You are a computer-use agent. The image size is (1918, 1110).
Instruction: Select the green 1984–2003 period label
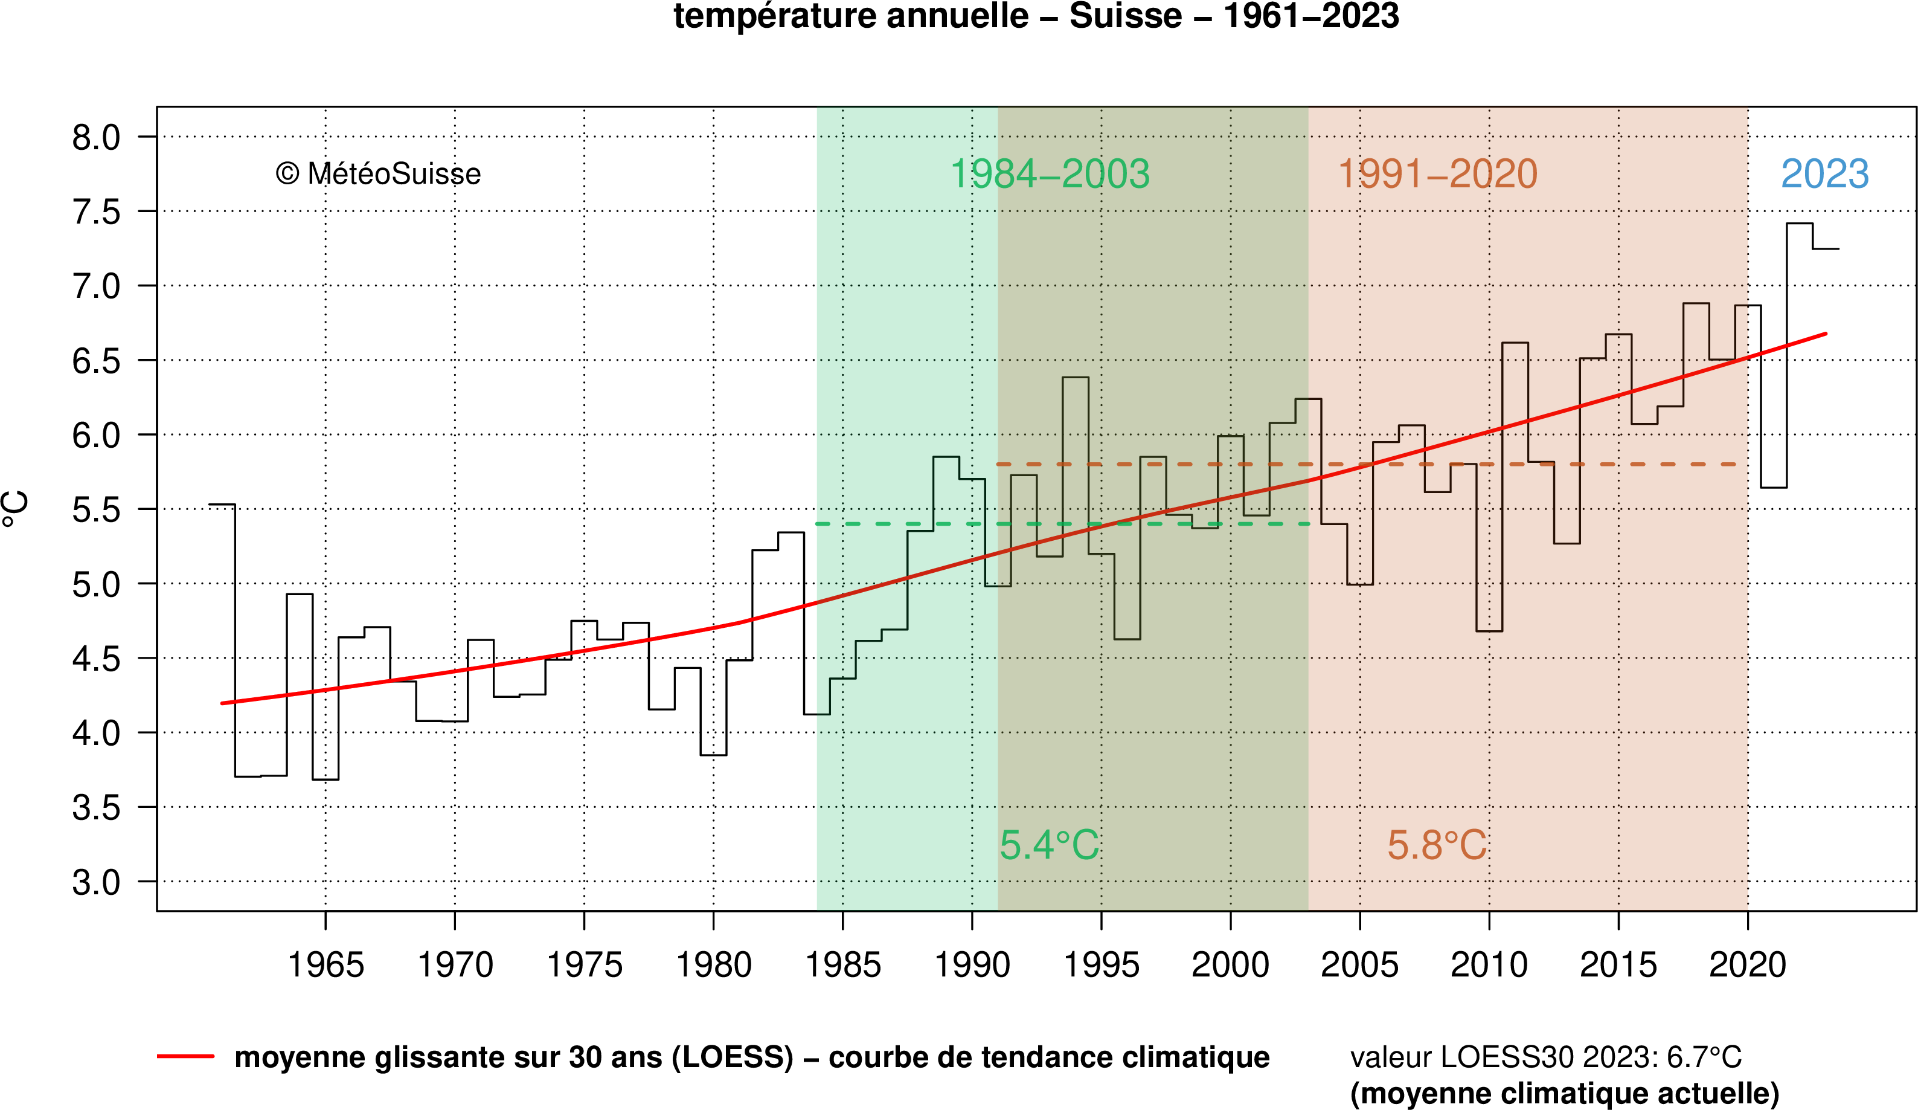tap(1050, 175)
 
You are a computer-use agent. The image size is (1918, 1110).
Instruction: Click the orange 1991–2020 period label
tap(1437, 175)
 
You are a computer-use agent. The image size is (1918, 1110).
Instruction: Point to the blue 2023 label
tap(1824, 175)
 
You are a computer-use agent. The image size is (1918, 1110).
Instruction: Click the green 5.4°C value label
tap(1049, 845)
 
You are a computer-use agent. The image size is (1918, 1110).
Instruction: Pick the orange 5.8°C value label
tap(1436, 845)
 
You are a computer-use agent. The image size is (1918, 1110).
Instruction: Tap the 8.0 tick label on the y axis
tap(96, 138)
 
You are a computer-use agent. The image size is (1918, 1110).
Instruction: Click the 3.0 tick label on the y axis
tap(96, 882)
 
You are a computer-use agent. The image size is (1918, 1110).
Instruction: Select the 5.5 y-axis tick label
tap(96, 510)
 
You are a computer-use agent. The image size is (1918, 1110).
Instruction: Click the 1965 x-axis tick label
tap(326, 966)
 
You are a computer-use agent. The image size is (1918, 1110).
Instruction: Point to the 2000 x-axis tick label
tap(1230, 966)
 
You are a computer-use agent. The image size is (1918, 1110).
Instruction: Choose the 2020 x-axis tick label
tap(1748, 966)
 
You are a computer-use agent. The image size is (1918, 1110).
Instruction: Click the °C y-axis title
tap(17, 509)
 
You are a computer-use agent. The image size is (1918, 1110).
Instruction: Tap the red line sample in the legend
tap(186, 1057)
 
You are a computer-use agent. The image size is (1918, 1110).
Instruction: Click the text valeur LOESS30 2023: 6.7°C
tap(1545, 1057)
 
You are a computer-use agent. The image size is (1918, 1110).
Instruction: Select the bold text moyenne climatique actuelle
tap(1564, 1093)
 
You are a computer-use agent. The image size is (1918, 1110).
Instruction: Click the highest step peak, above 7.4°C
tap(1799, 224)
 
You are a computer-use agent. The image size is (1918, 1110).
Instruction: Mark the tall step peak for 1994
tap(1076, 378)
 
